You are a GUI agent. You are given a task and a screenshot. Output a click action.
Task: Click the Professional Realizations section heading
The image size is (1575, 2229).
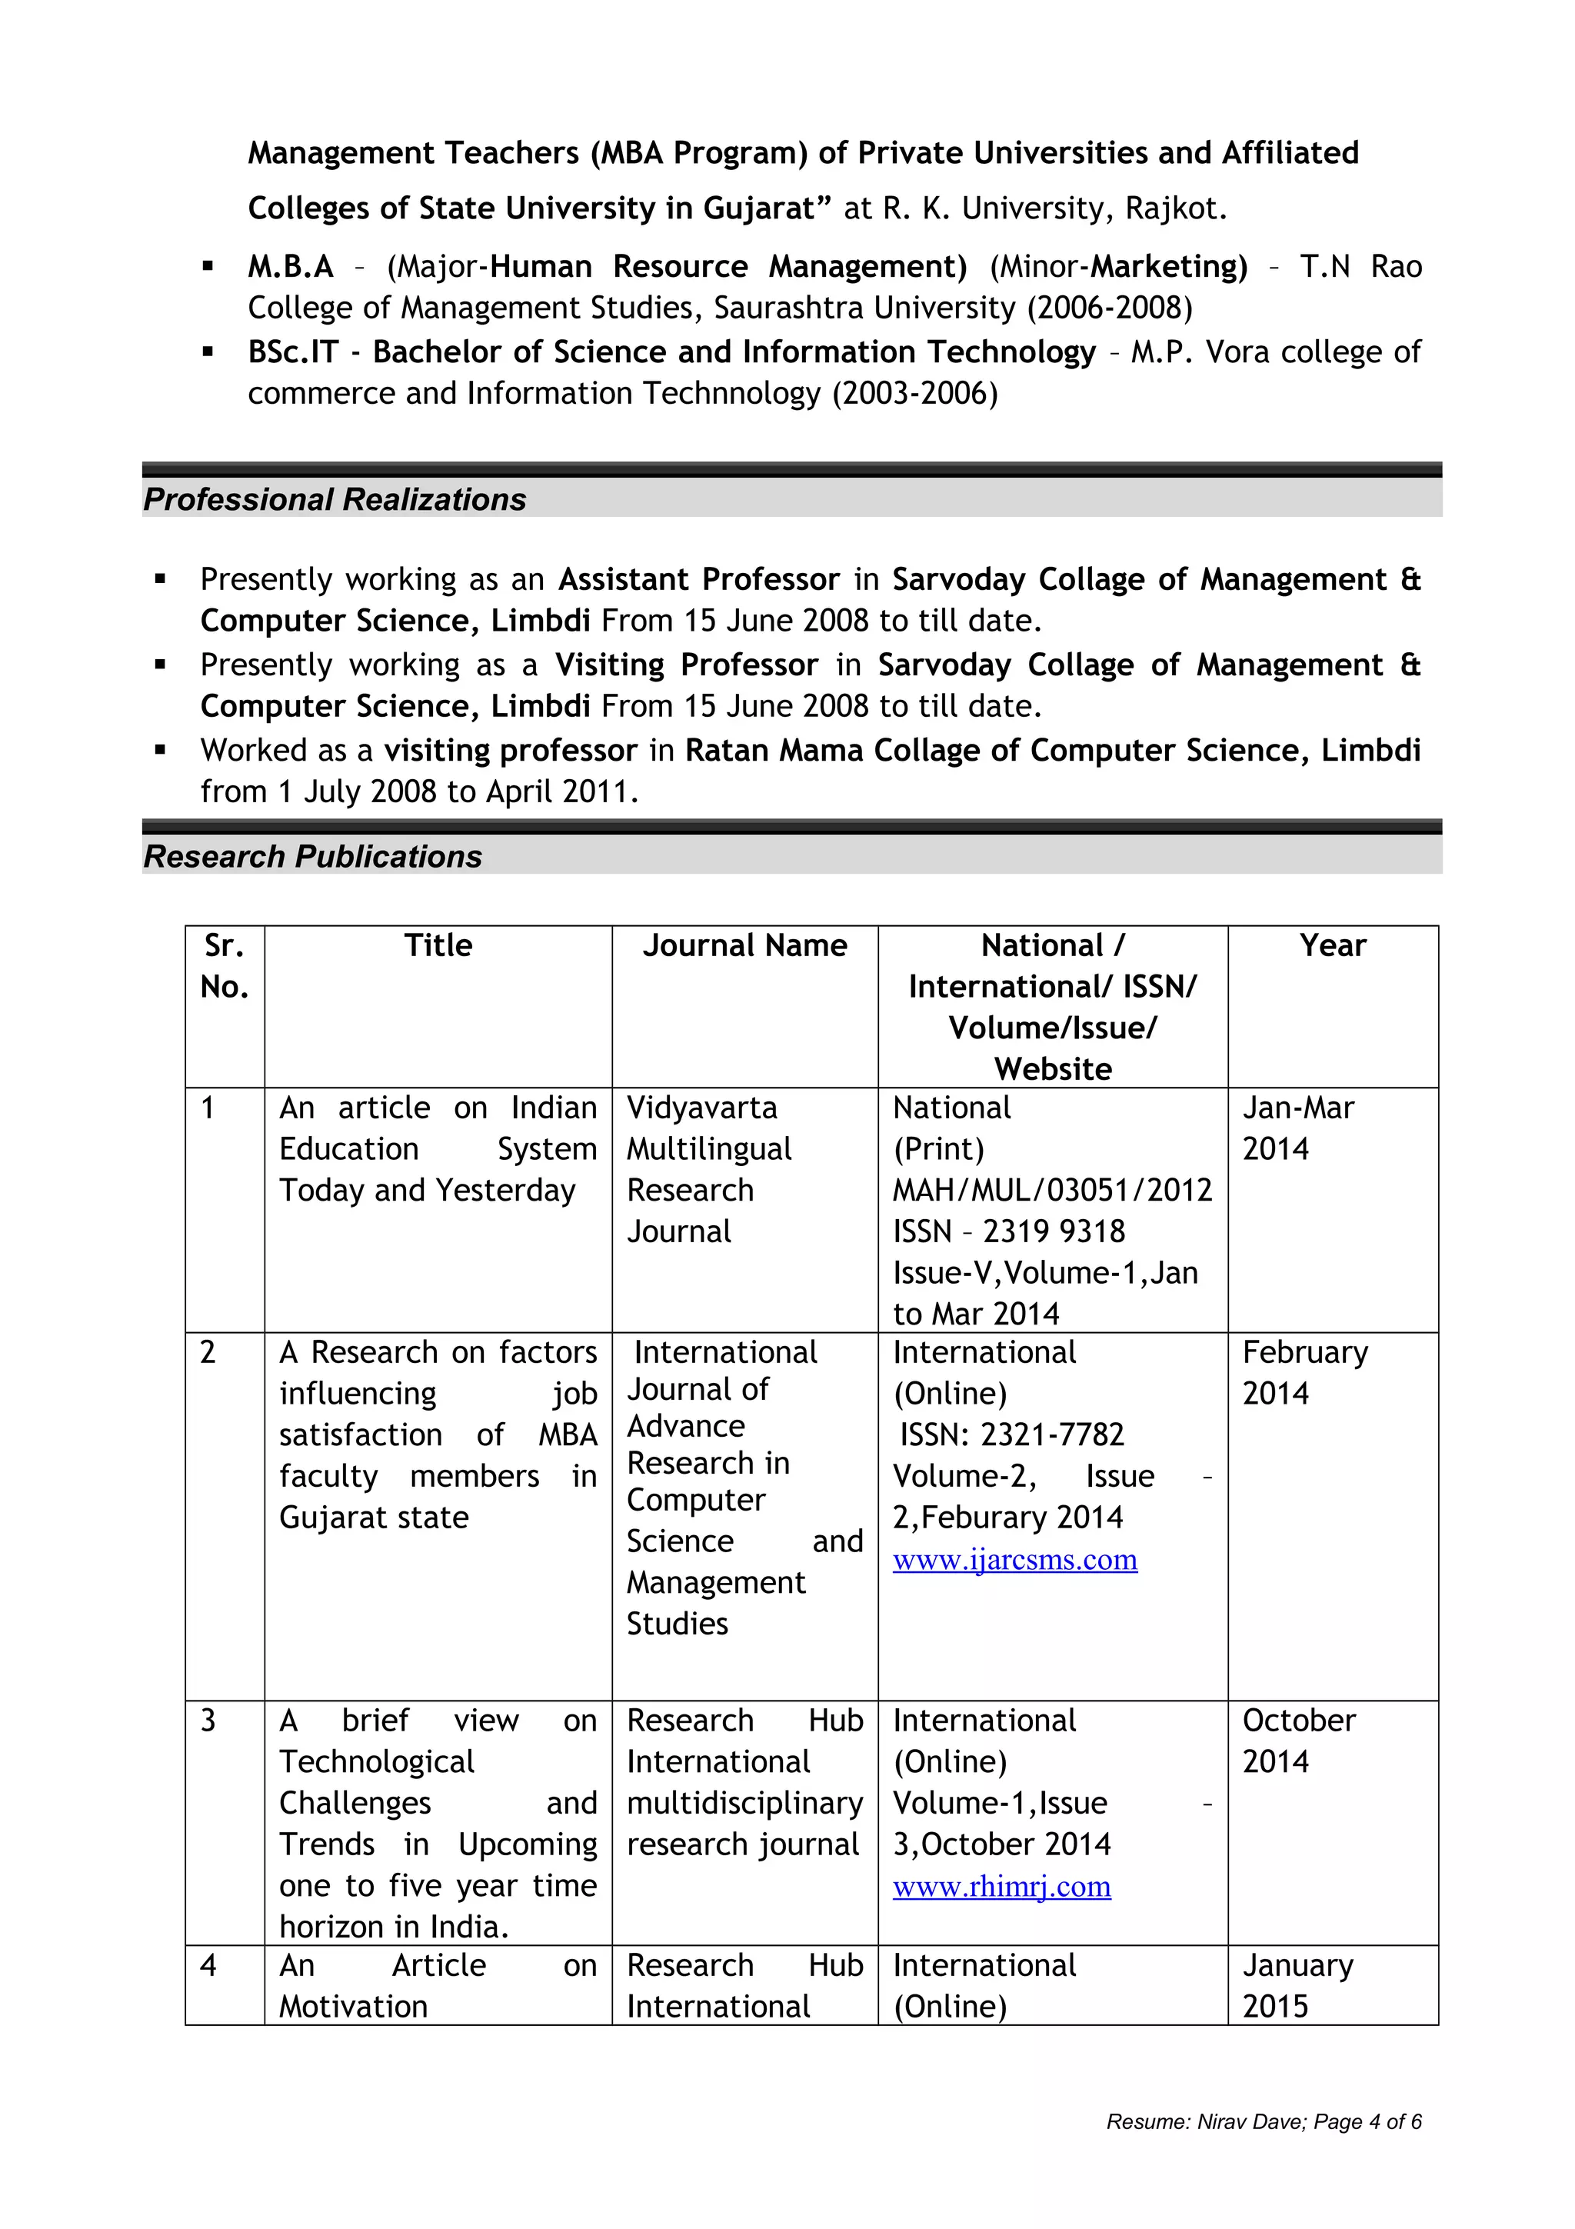pos(335,499)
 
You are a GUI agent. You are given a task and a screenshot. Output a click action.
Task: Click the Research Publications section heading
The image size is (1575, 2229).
pos(312,856)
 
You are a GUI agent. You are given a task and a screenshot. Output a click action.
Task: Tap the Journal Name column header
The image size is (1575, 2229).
pos(744,945)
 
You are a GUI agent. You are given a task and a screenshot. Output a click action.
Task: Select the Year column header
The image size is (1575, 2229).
pos(1333,945)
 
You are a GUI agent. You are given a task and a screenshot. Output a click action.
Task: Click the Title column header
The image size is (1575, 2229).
pos(438,945)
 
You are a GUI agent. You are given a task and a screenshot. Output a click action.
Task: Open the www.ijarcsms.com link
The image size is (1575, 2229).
pos(1014,1560)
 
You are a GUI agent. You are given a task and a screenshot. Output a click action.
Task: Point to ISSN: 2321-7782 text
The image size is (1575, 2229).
pos(1011,1435)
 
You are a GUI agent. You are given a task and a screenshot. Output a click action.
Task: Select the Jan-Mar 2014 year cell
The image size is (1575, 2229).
pos(1297,1128)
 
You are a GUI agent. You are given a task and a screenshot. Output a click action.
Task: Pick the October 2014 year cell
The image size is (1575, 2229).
pos(1297,1741)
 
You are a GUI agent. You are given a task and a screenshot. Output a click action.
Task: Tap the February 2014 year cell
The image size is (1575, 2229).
pos(1304,1373)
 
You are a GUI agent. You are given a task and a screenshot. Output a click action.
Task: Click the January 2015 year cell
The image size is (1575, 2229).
pos(1297,1985)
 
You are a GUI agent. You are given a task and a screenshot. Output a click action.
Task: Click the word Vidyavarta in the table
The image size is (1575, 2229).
pos(701,1108)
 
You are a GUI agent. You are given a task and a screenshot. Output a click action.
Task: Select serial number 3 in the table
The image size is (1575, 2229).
pos(208,1721)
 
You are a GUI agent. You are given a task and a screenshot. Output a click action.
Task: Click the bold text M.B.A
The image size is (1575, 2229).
pos(290,266)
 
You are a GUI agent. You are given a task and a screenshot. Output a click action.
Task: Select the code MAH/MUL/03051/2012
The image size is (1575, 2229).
pos(1052,1190)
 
